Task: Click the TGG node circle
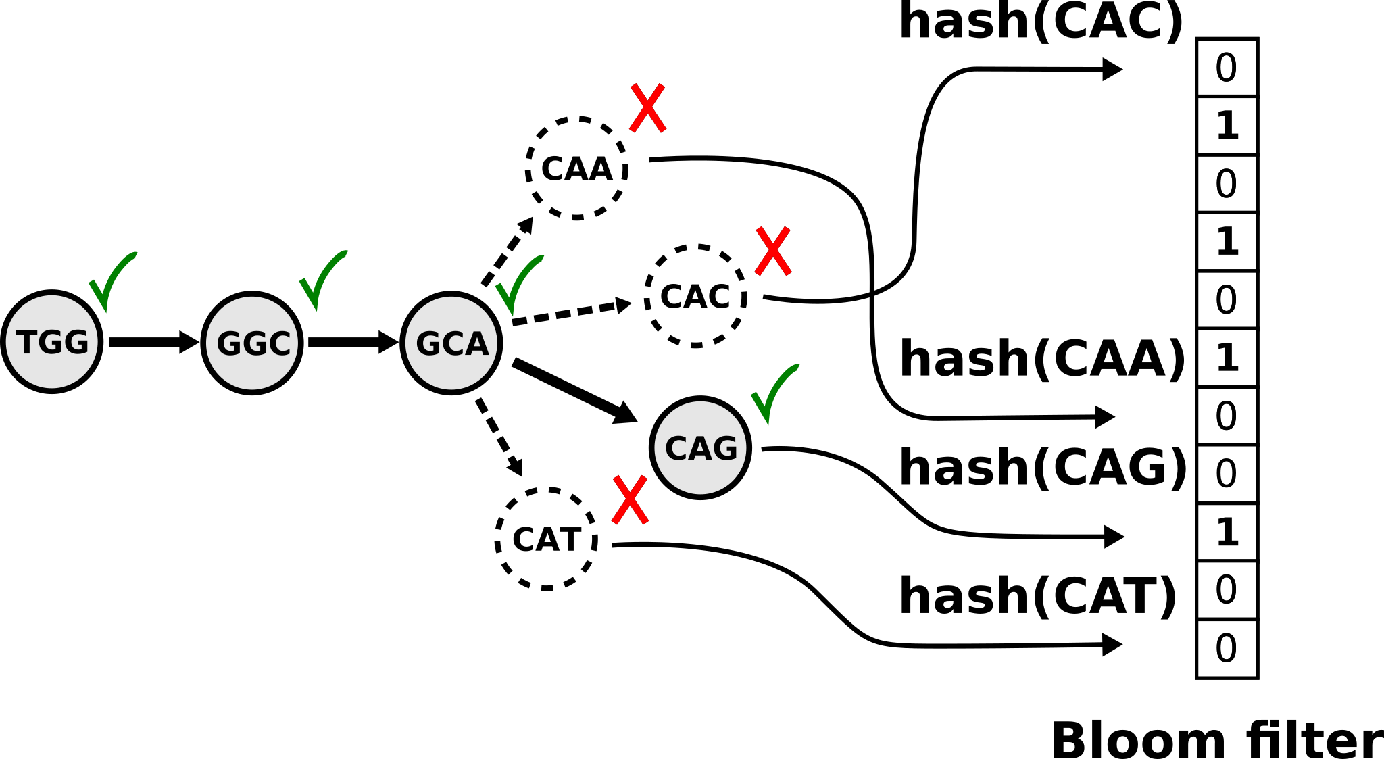[52, 342]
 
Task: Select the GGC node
[252, 343]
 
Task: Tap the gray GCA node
[451, 343]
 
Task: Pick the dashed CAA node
[576, 168]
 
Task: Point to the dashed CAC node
[695, 296]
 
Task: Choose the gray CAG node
[700, 447]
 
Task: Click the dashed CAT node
[546, 539]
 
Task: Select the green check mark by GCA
[517, 285]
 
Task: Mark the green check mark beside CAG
[773, 393]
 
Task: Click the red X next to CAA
[648, 108]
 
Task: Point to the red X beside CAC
[772, 251]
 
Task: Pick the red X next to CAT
[630, 499]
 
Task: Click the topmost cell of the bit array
[1227, 68]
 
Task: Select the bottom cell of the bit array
[1227, 648]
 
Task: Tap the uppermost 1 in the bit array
[1227, 126]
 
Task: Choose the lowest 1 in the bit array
[1227, 533]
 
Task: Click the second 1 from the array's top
[1227, 242]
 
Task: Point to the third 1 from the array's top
[1227, 358]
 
